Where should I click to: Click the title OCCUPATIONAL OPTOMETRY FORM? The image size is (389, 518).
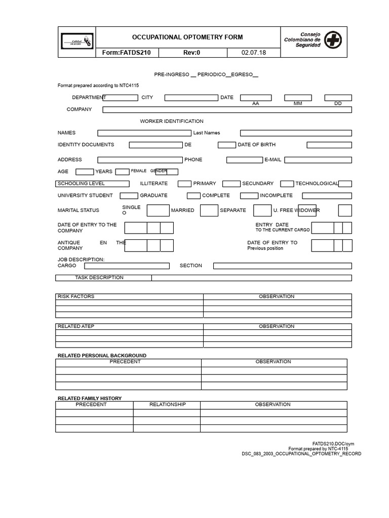(187, 37)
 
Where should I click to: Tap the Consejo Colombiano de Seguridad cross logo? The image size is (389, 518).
(333, 39)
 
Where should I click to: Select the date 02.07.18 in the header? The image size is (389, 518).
(254, 53)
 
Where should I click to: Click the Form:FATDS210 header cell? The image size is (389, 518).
(127, 53)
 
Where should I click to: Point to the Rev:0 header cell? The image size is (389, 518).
(191, 53)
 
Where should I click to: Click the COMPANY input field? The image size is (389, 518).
(227, 109)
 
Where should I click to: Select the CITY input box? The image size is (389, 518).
(191, 98)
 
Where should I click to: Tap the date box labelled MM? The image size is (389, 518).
(297, 98)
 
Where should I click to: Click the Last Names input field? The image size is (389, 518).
(296, 133)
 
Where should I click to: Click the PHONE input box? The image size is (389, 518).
(244, 160)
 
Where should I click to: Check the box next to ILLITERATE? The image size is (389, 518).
(184, 184)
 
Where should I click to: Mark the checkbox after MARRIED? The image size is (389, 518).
(209, 210)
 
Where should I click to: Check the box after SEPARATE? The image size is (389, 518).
(262, 210)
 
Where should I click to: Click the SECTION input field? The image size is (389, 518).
(282, 266)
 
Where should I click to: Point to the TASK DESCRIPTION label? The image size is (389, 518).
(99, 278)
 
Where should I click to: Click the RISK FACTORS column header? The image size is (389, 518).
(76, 296)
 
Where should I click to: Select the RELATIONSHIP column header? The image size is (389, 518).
(167, 405)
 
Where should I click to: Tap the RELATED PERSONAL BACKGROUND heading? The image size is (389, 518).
(102, 356)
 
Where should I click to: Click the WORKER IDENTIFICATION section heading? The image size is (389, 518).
(172, 121)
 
